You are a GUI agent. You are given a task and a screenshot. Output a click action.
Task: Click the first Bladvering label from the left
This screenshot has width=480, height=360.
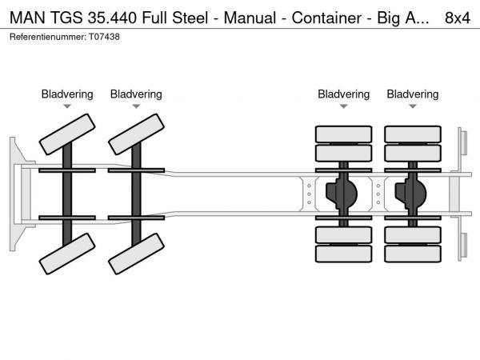tap(67, 94)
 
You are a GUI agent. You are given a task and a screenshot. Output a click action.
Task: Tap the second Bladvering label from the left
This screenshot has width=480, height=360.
tap(136, 94)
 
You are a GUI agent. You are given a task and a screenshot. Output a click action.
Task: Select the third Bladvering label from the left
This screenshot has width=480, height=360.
tap(343, 94)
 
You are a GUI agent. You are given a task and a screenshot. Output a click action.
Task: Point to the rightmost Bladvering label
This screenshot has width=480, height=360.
tap(413, 94)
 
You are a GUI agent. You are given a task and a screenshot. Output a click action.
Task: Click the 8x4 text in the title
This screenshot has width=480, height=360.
tap(457, 17)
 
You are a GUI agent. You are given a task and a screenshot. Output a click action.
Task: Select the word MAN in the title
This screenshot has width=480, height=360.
tap(25, 17)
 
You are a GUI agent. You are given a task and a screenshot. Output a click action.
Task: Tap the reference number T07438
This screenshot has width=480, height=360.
tap(102, 37)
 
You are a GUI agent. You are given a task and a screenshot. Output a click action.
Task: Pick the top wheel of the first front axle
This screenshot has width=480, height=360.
tap(67, 134)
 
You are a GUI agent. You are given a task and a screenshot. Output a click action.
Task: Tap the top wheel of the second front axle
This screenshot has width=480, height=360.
tap(136, 134)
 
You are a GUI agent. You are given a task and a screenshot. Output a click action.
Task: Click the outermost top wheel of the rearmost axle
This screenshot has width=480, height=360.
tap(413, 134)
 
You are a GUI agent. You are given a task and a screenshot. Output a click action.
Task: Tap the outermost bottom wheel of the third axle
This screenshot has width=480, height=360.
tap(344, 254)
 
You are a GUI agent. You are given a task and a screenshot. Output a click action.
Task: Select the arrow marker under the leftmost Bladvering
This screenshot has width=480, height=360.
tap(67, 106)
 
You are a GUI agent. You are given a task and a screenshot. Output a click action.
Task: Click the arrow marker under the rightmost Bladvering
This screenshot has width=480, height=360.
tap(413, 106)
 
